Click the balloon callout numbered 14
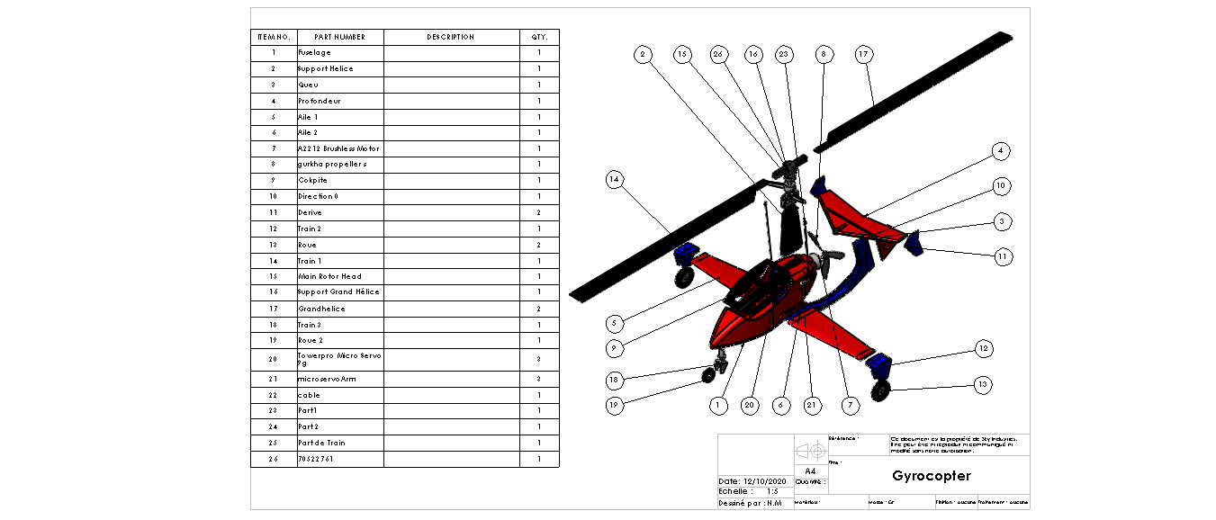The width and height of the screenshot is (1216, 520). point(615,180)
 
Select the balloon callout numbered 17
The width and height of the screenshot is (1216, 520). point(863,55)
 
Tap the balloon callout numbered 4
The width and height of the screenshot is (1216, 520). point(1000,150)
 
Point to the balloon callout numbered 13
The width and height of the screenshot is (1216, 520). point(984,384)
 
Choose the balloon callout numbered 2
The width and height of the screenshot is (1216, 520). point(643,55)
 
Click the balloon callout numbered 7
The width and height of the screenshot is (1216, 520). point(851,406)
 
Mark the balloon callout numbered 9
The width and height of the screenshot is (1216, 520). point(615,347)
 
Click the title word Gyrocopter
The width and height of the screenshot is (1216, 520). point(932,476)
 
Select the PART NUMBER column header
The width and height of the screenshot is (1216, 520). point(339,37)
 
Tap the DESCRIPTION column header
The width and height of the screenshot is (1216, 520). point(451,37)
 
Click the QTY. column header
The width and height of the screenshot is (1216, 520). point(539,37)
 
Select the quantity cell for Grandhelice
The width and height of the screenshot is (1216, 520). point(539,309)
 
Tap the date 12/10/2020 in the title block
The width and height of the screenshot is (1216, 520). point(766,481)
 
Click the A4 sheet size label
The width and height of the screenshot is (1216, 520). point(810,471)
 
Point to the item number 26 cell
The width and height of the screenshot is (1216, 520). point(273,459)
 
